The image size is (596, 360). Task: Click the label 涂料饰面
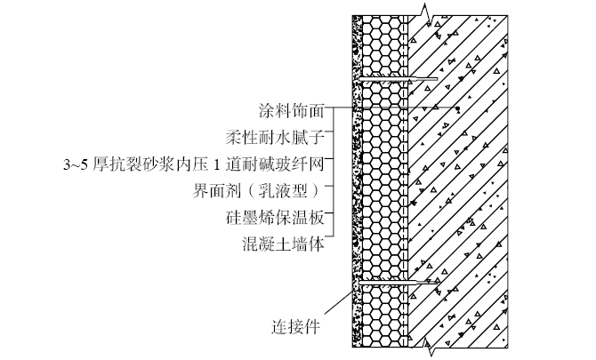click(x=291, y=111)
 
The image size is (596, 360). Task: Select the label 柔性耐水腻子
click(x=277, y=137)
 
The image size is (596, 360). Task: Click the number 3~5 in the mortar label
click(x=74, y=164)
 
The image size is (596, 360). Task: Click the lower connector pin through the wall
click(x=397, y=284)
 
